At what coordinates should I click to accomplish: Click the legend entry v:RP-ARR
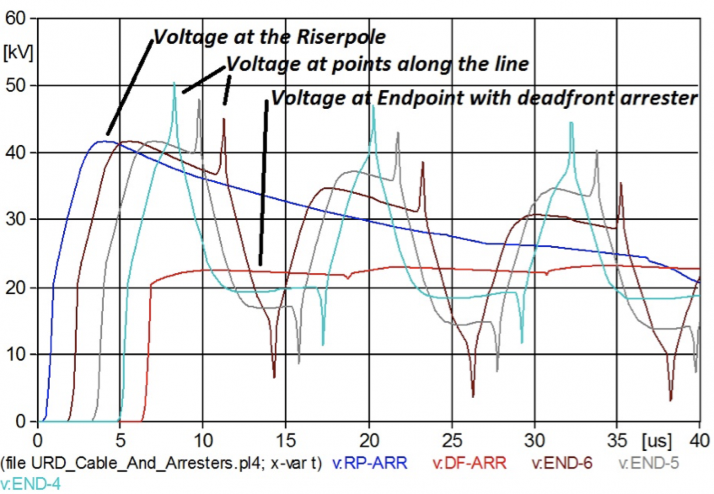tap(370, 463)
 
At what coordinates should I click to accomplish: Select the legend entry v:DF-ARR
tap(469, 463)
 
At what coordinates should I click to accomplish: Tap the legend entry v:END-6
tap(562, 463)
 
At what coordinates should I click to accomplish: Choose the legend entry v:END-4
tap(30, 484)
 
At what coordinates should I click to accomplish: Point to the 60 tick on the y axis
tap(15, 19)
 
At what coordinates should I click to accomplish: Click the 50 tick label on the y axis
tap(15, 86)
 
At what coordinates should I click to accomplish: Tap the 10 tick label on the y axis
tap(15, 355)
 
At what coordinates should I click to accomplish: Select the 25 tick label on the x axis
tap(452, 440)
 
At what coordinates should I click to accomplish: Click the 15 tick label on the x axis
tap(285, 440)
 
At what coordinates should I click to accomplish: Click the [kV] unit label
tap(18, 52)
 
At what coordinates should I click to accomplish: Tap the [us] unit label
tap(656, 440)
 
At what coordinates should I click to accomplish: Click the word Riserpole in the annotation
tap(341, 37)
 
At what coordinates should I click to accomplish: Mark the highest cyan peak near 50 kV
tap(174, 84)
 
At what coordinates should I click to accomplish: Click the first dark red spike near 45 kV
tap(224, 119)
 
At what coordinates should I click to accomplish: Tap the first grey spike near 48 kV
tap(199, 100)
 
